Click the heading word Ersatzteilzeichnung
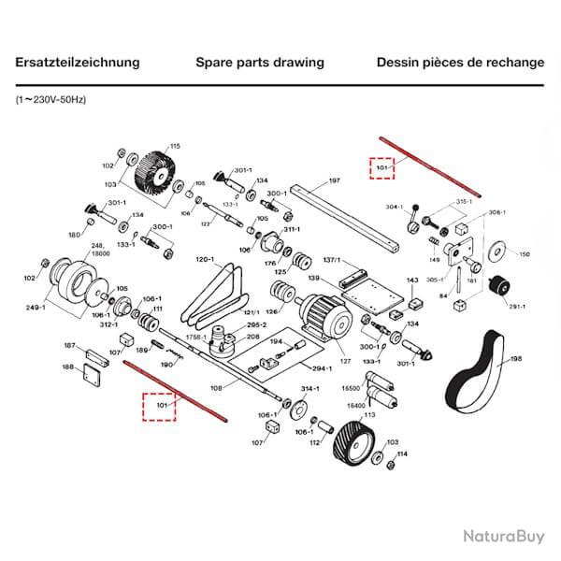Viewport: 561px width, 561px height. coord(78,63)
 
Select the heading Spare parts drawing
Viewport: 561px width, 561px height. coord(260,63)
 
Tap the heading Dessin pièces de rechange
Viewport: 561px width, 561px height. coord(460,63)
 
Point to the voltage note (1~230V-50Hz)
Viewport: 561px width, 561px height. coord(51,98)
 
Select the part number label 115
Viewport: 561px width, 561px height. coord(174,147)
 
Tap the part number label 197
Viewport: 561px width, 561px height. coord(335,180)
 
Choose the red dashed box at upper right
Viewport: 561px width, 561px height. coord(381,168)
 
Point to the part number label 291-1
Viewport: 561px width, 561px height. coord(517,305)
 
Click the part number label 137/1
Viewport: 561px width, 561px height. coord(331,260)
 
